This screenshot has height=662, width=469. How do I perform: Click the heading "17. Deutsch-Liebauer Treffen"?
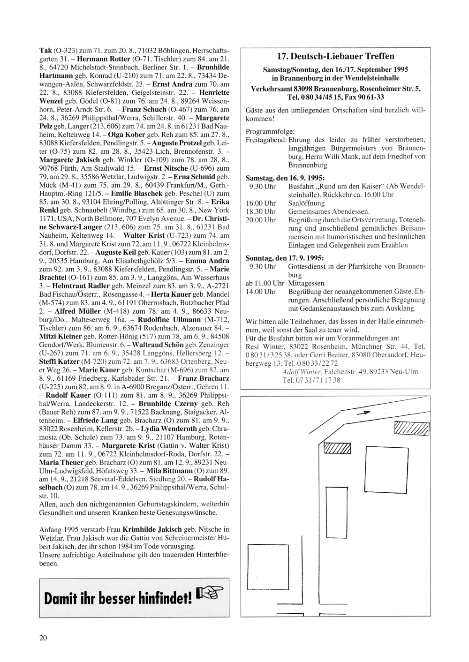pyautogui.click(x=335, y=57)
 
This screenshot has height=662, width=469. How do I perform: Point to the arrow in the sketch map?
pyautogui.click(x=363, y=414)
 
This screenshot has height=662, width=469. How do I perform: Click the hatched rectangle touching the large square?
pyautogui.click(x=337, y=449)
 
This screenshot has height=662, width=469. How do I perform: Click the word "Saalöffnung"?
pyautogui.click(x=306, y=203)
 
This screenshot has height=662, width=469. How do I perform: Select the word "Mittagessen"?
pyautogui.click(x=306, y=283)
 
